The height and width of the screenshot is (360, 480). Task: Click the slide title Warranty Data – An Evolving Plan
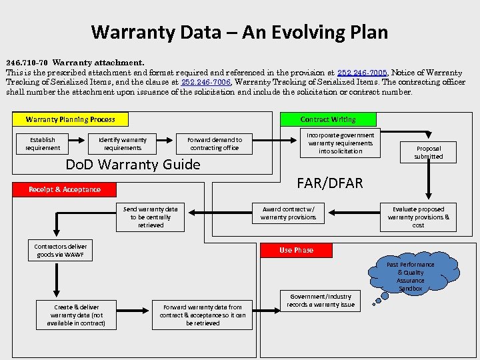[239, 31]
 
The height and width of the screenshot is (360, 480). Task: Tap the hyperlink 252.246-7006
[206, 83]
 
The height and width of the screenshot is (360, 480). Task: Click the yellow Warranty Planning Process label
[71, 119]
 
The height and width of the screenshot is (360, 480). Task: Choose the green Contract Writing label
[328, 119]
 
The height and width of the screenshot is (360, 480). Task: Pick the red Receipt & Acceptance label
[65, 189]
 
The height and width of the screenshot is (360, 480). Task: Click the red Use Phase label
[296, 250]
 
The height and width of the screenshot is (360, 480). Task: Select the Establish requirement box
[43, 143]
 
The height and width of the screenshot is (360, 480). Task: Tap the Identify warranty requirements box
[123, 143]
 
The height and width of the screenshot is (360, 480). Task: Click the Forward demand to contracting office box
[215, 143]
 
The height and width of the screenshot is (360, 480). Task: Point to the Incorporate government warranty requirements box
[341, 143]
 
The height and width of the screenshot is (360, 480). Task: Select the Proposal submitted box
[428, 152]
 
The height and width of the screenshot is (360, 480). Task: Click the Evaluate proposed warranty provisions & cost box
[418, 217]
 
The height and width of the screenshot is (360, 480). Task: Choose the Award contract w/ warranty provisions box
[288, 213]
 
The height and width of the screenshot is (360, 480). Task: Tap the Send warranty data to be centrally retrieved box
[151, 217]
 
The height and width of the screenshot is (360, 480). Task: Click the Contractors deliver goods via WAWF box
[61, 250]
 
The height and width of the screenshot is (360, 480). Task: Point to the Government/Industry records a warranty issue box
[321, 301]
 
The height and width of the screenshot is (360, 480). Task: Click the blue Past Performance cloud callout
[410, 276]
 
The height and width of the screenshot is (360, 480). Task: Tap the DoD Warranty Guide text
[133, 165]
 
